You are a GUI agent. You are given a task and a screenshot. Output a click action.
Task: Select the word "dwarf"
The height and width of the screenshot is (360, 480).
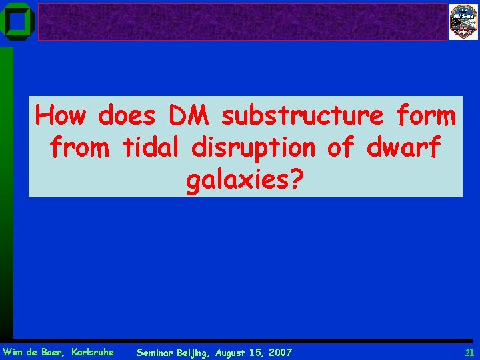tap(403, 147)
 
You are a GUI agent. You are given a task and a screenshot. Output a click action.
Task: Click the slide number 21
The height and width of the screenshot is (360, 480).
tap(469, 352)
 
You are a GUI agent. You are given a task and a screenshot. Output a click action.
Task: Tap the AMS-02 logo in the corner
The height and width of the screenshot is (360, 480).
tap(463, 22)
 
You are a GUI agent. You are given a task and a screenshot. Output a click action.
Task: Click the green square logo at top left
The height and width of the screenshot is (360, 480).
tap(17, 21)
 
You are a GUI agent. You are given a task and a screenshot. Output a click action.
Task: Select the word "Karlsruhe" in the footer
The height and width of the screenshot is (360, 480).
tap(91, 351)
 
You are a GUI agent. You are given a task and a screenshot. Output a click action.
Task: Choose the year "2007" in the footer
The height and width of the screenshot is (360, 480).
tap(279, 352)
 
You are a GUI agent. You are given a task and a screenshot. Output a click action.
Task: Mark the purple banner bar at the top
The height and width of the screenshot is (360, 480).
tap(243, 22)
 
